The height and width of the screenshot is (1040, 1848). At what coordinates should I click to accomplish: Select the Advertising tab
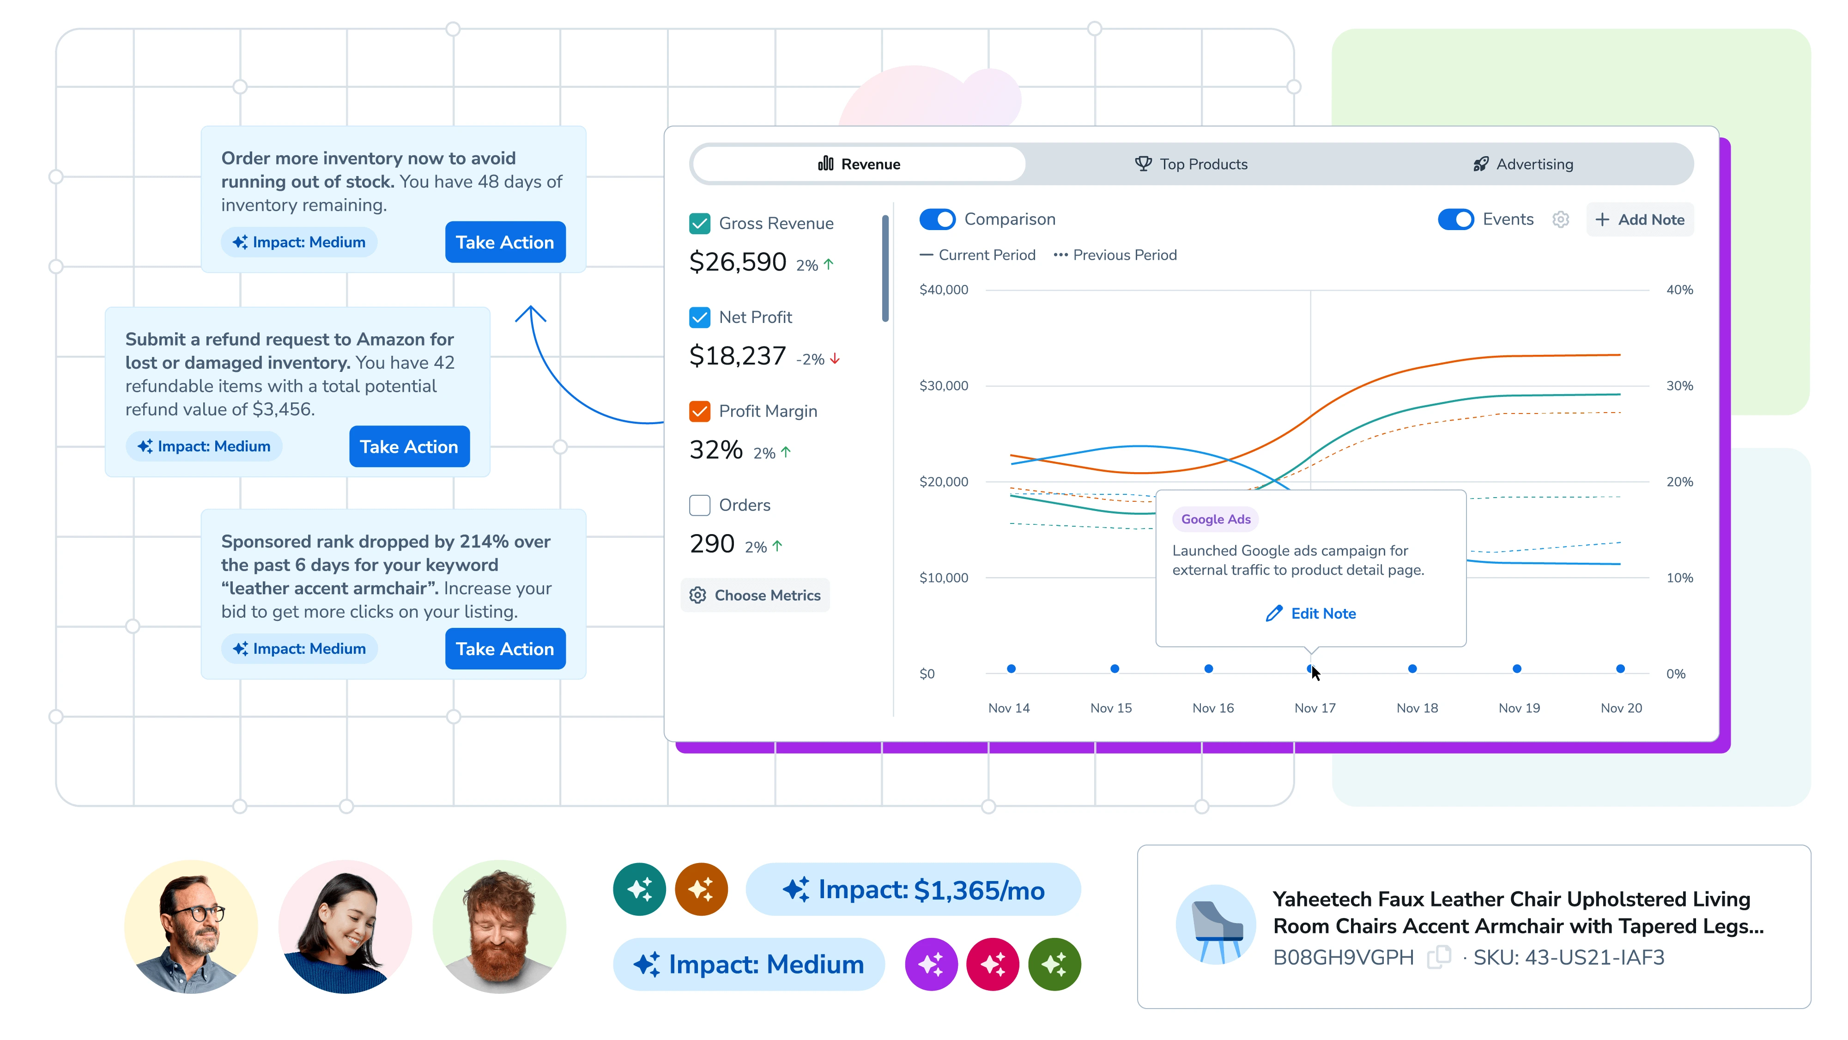click(1522, 164)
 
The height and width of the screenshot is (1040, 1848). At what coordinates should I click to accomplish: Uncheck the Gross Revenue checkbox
click(699, 224)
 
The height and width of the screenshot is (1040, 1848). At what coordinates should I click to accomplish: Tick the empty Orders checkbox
click(699, 505)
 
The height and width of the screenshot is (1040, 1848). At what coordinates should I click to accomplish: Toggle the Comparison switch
click(937, 219)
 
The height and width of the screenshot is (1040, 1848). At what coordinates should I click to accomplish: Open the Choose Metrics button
click(756, 596)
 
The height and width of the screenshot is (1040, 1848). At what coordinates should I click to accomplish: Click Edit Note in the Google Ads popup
click(1311, 614)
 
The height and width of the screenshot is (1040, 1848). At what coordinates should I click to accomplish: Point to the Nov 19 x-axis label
click(1519, 708)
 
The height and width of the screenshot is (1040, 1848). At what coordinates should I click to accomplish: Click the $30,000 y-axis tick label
click(943, 386)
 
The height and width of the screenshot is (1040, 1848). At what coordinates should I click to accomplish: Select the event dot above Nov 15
click(1114, 669)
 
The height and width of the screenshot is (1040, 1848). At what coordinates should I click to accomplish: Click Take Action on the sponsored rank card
click(505, 649)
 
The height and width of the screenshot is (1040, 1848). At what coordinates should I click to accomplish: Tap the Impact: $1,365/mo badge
click(913, 890)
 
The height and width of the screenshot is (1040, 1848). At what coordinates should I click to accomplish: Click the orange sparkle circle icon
click(701, 889)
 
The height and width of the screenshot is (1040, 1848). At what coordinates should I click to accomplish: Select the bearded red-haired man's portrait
click(499, 927)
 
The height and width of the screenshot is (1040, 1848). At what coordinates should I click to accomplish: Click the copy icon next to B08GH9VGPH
click(1438, 957)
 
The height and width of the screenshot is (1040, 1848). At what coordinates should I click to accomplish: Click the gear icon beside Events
click(1560, 219)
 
